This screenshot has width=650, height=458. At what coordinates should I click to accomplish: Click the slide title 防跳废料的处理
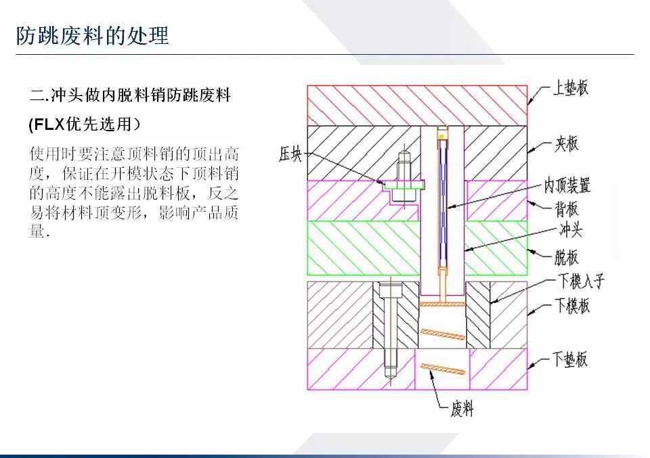tap(93, 35)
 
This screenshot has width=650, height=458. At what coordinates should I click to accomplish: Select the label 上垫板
tap(570, 88)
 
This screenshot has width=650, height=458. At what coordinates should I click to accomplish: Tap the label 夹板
tap(567, 143)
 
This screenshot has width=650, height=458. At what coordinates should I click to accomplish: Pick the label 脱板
tap(567, 257)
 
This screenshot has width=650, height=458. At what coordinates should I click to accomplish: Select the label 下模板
tap(572, 305)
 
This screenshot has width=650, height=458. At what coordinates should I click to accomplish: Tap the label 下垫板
tap(570, 359)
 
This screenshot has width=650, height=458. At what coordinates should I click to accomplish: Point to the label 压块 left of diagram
tap(290, 155)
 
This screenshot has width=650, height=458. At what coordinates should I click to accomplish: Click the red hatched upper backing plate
tap(366, 105)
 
